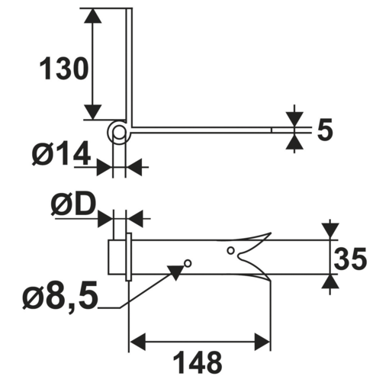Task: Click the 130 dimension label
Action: coord(64,69)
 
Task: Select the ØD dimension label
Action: coord(72,204)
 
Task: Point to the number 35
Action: coord(351,261)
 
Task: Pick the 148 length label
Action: coord(197,362)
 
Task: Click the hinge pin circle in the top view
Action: coord(119,133)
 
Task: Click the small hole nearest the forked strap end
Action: coord(231,250)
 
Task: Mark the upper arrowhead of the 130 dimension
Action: coord(92,16)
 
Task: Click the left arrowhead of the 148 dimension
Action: coord(137,341)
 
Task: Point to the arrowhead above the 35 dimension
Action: coord(330,230)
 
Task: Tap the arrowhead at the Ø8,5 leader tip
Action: coord(177,272)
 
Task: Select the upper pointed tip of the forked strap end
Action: coord(269,233)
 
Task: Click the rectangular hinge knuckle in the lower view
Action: coord(117,257)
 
